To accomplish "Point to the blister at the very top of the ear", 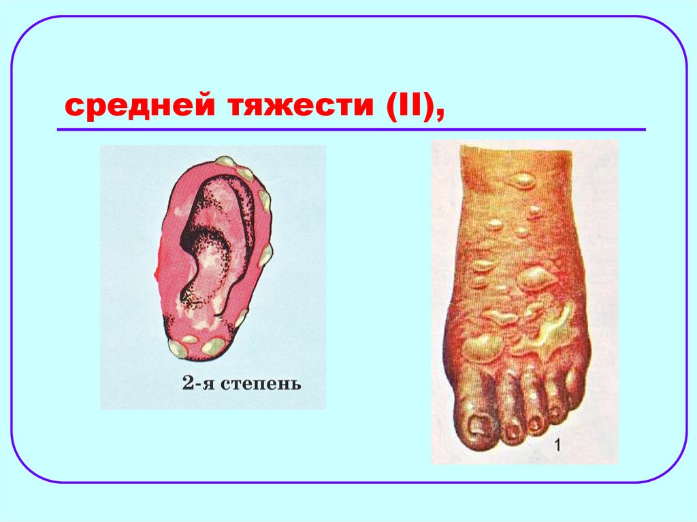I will [225, 161].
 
